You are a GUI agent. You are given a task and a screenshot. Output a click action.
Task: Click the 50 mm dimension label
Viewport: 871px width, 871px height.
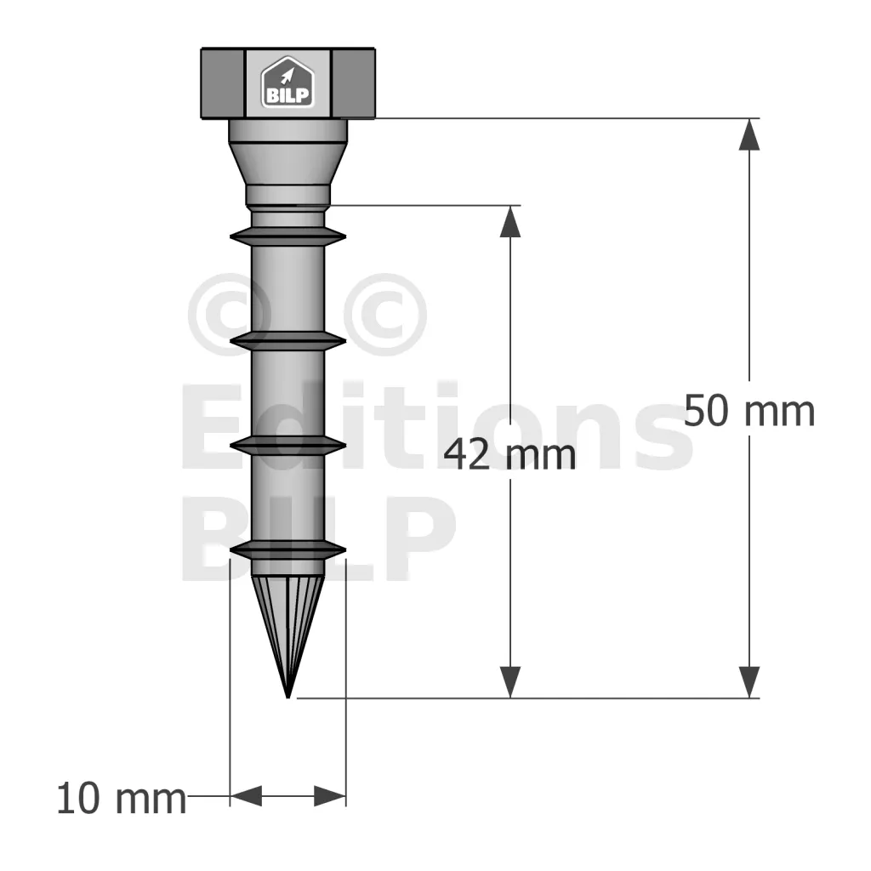tap(749, 411)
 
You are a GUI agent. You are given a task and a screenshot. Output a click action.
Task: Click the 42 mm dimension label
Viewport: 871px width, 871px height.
tap(510, 454)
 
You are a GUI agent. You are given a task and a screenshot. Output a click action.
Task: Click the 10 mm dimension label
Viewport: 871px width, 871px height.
tap(122, 799)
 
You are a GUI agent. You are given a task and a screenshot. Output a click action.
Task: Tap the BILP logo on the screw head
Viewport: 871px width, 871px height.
tap(287, 83)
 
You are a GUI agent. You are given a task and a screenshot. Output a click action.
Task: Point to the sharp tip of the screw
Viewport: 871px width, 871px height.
tap(287, 697)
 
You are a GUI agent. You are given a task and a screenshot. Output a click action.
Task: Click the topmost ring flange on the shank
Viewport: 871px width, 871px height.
tap(287, 236)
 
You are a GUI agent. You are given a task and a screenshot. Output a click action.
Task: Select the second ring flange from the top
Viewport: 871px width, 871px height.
tap(287, 341)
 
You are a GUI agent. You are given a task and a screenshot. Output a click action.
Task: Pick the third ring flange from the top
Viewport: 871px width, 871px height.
tap(287, 443)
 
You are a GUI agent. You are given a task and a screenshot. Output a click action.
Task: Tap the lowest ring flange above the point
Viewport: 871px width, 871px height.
tap(287, 550)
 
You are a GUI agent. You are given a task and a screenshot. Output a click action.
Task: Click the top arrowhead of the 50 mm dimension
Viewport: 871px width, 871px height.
tap(749, 134)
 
